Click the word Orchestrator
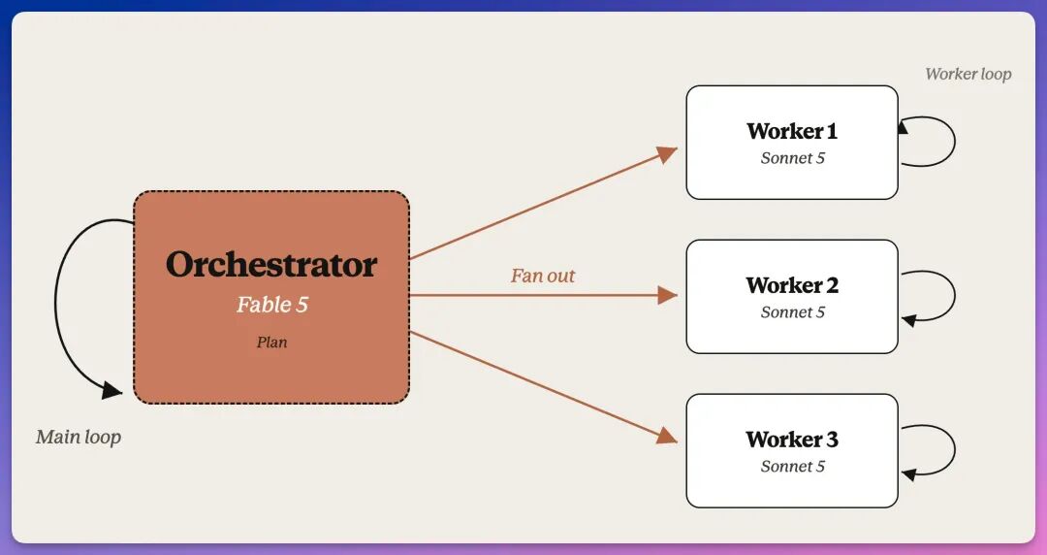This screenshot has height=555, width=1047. click(x=271, y=264)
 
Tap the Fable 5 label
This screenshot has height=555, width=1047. click(x=271, y=305)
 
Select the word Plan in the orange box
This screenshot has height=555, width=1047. click(x=271, y=343)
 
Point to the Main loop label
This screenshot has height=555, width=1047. click(x=79, y=438)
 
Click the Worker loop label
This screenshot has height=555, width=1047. click(x=968, y=74)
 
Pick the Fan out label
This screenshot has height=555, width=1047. click(x=543, y=276)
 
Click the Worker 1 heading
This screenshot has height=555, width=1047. click(x=792, y=131)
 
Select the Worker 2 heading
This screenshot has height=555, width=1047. click(x=792, y=285)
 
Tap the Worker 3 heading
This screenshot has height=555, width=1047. click(x=792, y=440)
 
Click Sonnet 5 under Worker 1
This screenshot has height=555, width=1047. click(x=793, y=158)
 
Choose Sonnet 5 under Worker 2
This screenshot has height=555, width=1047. click(x=793, y=312)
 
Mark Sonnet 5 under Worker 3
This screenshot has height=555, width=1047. click(x=793, y=466)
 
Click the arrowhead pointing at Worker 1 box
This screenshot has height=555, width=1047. click(x=668, y=154)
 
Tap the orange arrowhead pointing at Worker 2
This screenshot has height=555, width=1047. click(x=668, y=295)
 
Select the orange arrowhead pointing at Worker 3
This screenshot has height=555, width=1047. click(x=668, y=436)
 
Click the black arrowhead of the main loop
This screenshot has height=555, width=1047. click(x=112, y=390)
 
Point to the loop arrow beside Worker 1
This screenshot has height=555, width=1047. click(x=955, y=141)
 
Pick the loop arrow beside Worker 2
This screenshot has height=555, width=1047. click(x=955, y=296)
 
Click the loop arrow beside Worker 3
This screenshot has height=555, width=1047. click(x=955, y=450)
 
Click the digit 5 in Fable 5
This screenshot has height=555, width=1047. click(x=301, y=305)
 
